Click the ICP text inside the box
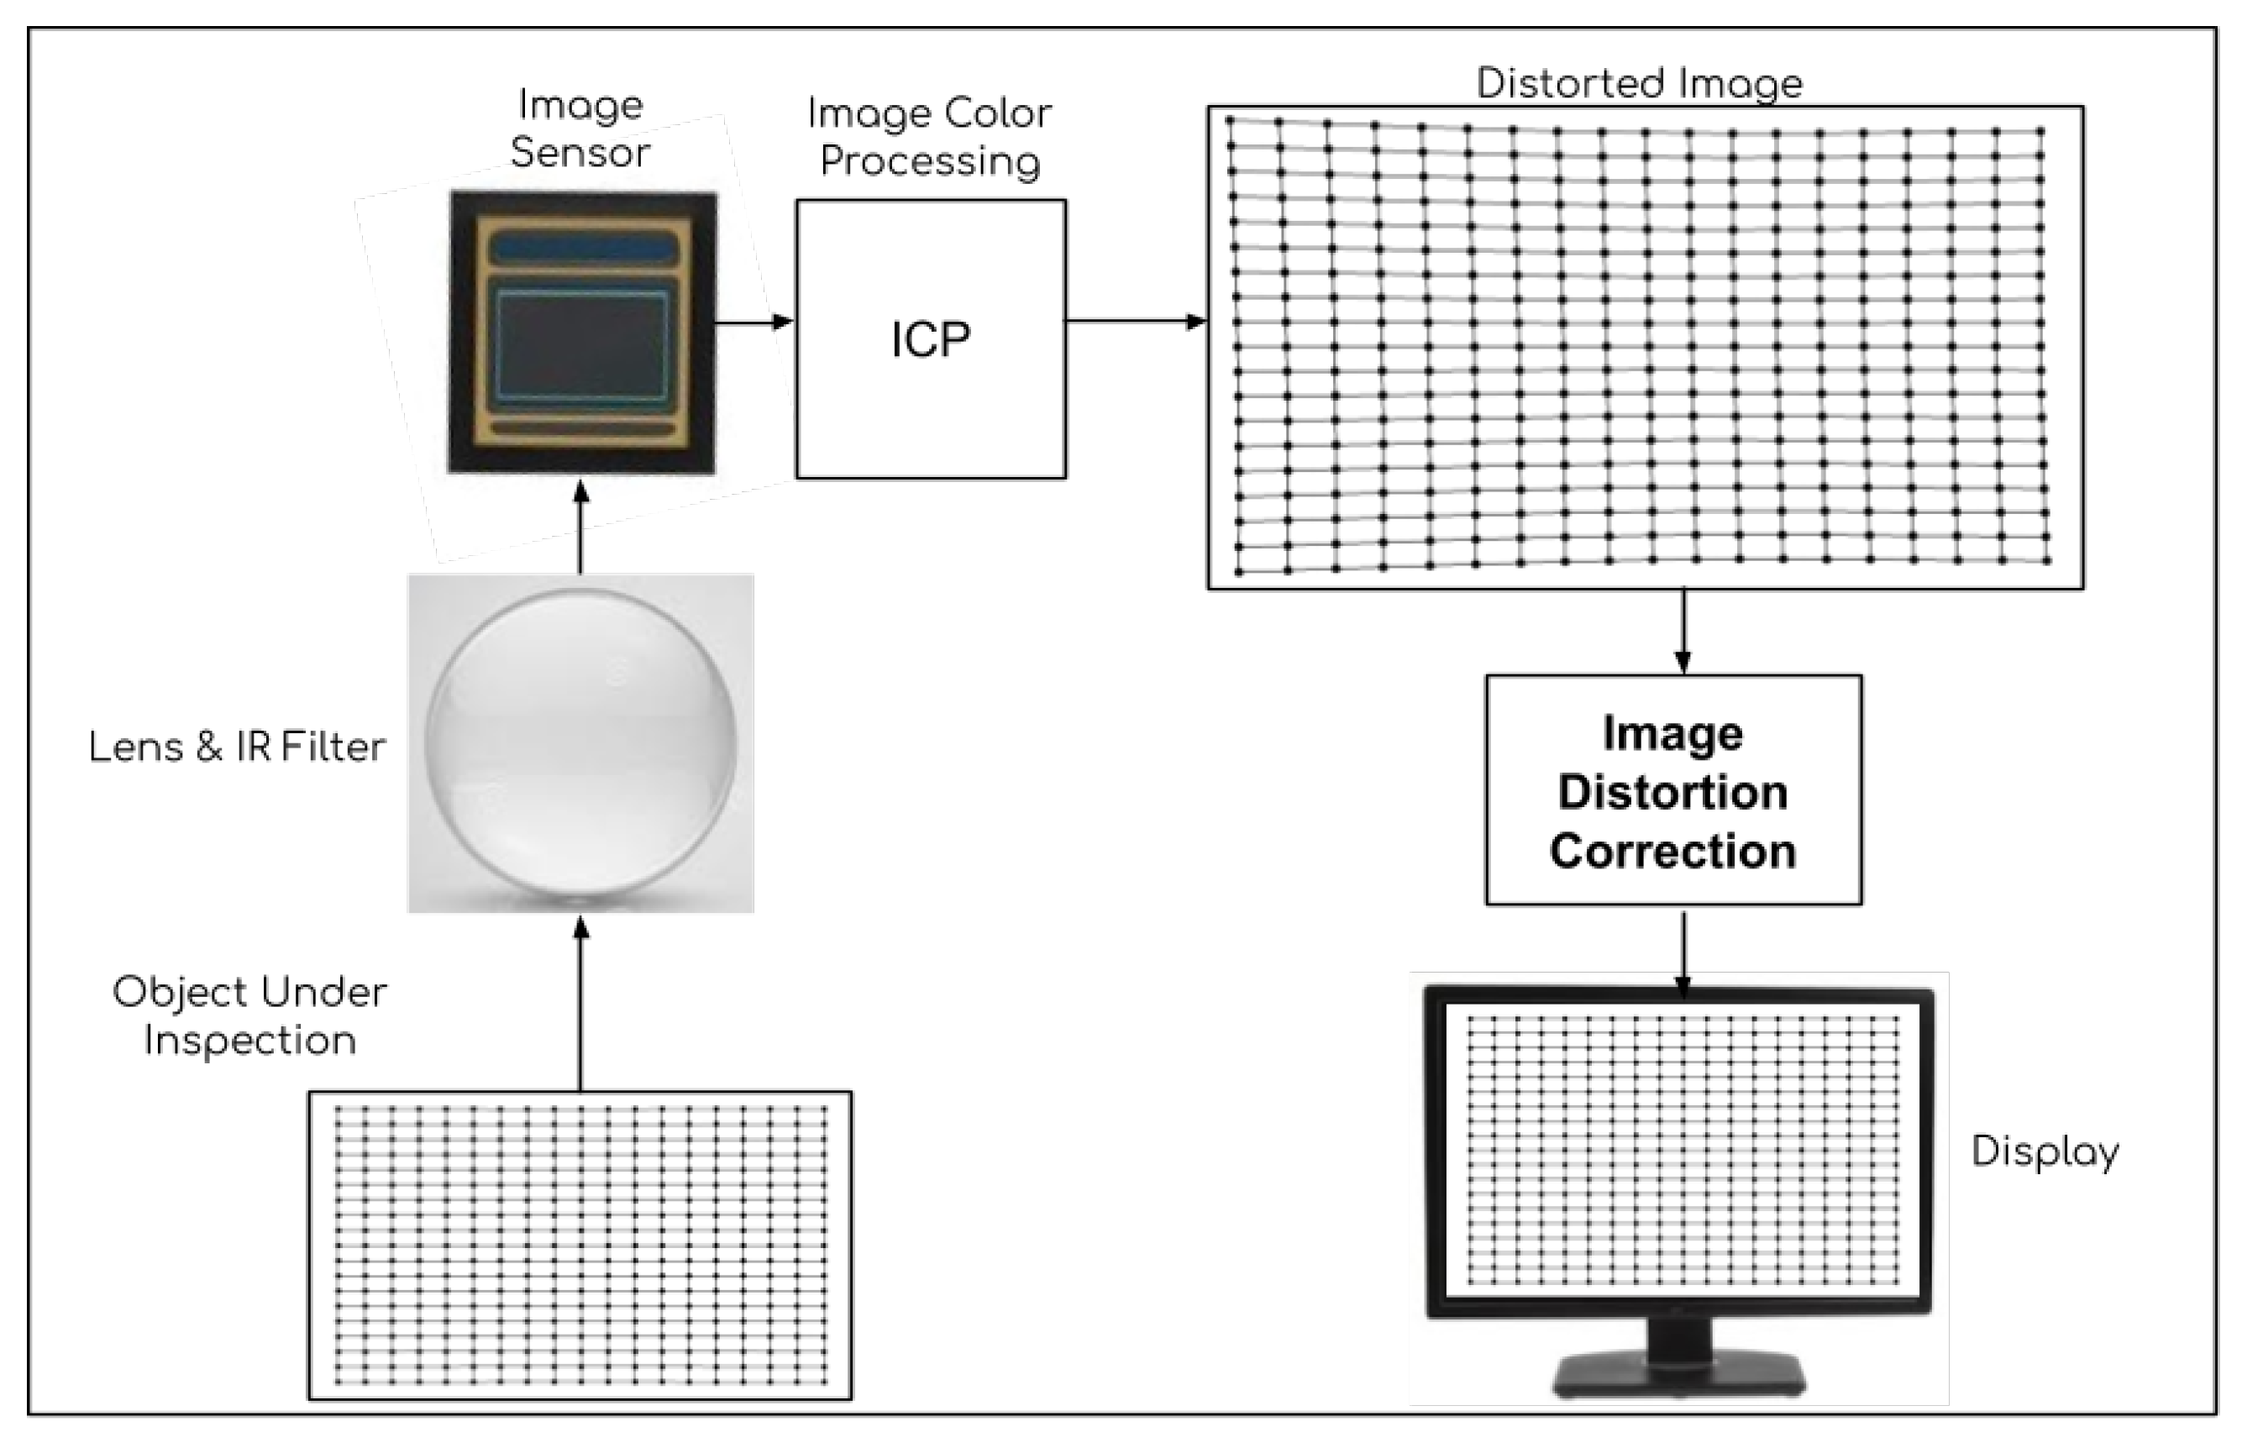930,340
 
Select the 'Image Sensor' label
580,129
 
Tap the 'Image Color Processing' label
930,137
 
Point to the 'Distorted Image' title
1640,84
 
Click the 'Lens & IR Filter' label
237,747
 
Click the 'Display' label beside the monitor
2045,1151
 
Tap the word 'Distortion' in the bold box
1673,792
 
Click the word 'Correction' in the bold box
1673,851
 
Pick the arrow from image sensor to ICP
753,323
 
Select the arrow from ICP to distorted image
1136,321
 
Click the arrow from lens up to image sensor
581,527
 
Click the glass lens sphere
581,744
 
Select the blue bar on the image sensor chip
584,249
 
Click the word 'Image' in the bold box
1673,734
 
